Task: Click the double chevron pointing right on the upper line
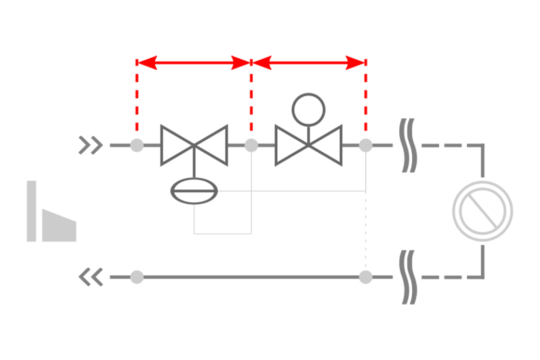pyautogui.click(x=91, y=145)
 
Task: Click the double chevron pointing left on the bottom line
pyautogui.click(x=91, y=277)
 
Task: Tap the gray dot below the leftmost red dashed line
pyautogui.click(x=137, y=145)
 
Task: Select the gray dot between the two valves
pyautogui.click(x=251, y=145)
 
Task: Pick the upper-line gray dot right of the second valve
pyautogui.click(x=366, y=145)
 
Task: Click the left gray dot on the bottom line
pyautogui.click(x=137, y=277)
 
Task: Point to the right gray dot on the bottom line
pyautogui.click(x=366, y=277)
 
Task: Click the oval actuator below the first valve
pyautogui.click(x=194, y=191)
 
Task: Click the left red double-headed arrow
pyautogui.click(x=194, y=63)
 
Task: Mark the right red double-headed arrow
pyautogui.click(x=309, y=63)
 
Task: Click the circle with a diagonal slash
pyautogui.click(x=482, y=211)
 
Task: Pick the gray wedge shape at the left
pyautogui.click(x=59, y=226)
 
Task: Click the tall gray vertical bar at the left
pyautogui.click(x=31, y=211)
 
